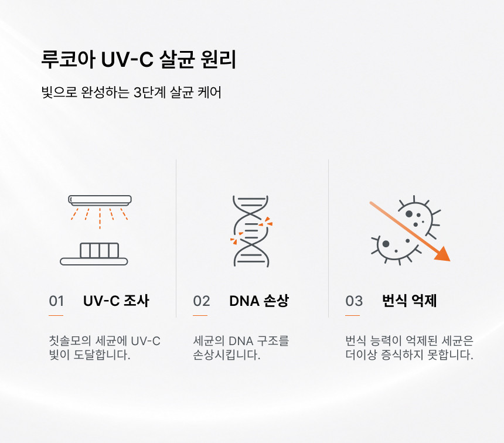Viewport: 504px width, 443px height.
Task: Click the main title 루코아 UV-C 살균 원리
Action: [139, 59]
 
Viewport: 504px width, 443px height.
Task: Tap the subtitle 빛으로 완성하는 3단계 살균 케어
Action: [131, 92]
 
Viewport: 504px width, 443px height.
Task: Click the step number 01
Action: [56, 301]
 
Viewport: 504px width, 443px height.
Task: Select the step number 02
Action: [202, 301]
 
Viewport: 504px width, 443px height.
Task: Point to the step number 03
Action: [354, 301]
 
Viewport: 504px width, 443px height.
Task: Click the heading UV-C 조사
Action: [116, 301]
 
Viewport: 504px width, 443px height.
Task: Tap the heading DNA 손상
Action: [259, 301]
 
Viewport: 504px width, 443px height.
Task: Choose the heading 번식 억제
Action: [409, 301]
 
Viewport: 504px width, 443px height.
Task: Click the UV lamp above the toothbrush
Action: [100, 200]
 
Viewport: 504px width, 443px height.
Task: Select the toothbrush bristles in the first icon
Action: [99, 250]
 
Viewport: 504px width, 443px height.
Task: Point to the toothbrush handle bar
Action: [94, 261]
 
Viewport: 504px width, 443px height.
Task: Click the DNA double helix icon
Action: [251, 231]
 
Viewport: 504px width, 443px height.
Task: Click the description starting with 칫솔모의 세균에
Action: [104, 347]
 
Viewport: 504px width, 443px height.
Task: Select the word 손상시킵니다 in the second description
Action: [227, 355]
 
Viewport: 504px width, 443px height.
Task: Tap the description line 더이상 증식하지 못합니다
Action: [409, 355]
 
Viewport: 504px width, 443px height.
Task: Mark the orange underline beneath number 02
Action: [200, 316]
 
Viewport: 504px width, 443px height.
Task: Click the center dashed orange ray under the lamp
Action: [100, 219]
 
